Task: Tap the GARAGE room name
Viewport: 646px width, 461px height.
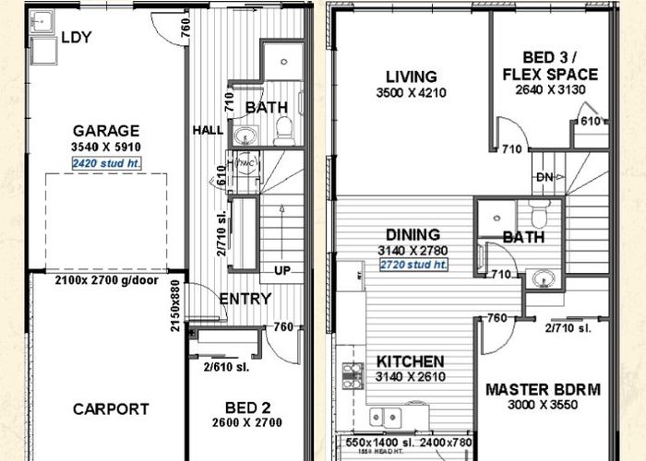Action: [x=107, y=131]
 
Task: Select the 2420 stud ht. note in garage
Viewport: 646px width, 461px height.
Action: [x=107, y=163]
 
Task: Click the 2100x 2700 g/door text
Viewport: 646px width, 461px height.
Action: [x=107, y=279]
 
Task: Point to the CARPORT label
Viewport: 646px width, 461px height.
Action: [x=111, y=408]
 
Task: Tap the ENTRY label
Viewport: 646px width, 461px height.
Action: [x=245, y=299]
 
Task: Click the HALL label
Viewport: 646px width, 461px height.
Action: [x=207, y=130]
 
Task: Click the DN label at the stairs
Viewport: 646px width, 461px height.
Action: [x=544, y=177]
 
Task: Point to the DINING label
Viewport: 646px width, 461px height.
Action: [x=413, y=235]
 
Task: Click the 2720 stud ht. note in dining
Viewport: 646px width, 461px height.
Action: [x=413, y=265]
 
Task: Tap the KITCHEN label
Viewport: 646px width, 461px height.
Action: [x=411, y=361]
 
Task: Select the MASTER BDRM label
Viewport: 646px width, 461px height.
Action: [x=543, y=389]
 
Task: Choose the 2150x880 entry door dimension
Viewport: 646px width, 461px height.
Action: [x=176, y=301]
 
